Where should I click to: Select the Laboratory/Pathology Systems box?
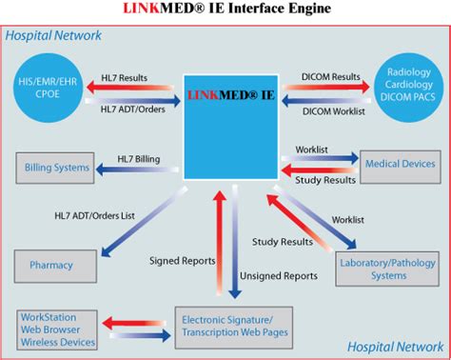pyautogui.click(x=388, y=269)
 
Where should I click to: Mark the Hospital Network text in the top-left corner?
pyautogui.click(x=54, y=36)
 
